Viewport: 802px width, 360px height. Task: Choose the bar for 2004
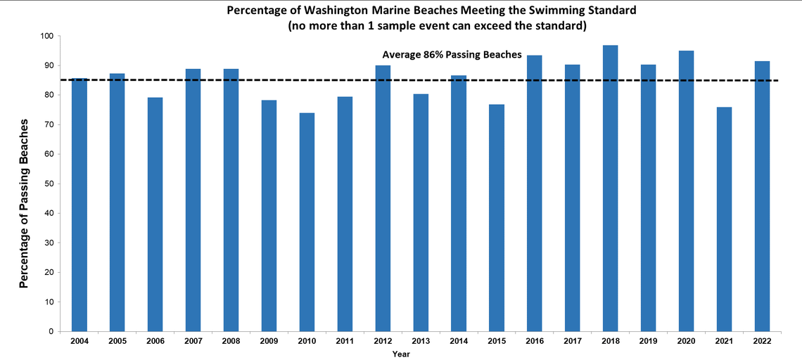tap(79, 205)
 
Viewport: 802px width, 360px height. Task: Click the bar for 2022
tap(762, 196)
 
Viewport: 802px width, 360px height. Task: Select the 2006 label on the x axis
tap(155, 341)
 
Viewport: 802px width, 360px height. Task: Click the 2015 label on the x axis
tap(497, 341)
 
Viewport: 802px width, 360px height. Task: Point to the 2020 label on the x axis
tap(686, 341)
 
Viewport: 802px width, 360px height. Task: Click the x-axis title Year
tap(401, 354)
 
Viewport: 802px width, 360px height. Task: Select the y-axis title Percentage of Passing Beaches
tap(24, 204)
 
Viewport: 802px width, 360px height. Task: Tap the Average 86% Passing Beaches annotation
tap(451, 54)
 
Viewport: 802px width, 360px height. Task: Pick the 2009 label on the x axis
tap(269, 341)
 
